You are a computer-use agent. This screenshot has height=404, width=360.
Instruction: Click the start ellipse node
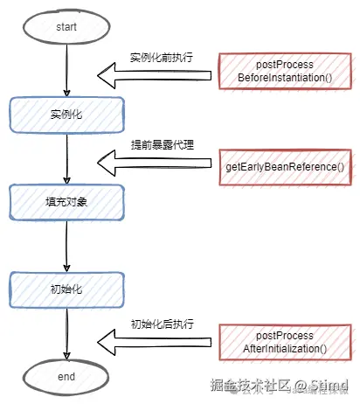point(66,27)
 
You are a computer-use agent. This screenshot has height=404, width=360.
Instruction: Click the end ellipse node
point(66,377)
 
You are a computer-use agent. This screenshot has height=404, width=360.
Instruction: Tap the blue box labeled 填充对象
point(66,201)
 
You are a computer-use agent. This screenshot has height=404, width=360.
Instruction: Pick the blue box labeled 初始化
point(66,289)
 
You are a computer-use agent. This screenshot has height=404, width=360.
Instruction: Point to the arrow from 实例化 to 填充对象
point(66,157)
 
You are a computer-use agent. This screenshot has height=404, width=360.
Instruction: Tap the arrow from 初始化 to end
point(66,332)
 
